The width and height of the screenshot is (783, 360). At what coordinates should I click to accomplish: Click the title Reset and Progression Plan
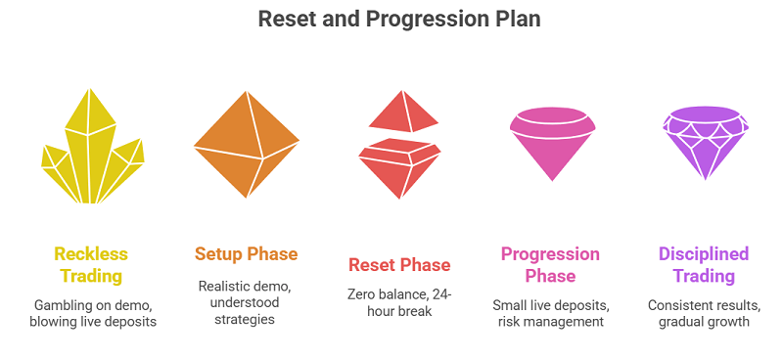(x=391, y=19)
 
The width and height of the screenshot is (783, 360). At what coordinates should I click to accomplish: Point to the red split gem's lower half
(x=399, y=166)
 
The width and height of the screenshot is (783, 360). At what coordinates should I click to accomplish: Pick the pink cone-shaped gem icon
(x=552, y=143)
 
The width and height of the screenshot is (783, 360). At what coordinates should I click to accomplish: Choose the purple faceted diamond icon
(x=704, y=142)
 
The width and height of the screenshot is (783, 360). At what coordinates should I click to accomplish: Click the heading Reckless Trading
(x=90, y=264)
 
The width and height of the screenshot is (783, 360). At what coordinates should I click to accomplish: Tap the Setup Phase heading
(x=245, y=254)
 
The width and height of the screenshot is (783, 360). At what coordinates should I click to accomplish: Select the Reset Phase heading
(x=399, y=265)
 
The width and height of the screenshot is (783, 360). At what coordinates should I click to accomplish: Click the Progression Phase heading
(x=550, y=264)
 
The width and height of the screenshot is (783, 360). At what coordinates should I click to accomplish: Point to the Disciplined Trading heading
(x=704, y=264)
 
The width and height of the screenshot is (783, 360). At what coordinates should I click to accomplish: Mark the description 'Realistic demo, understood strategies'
(x=245, y=303)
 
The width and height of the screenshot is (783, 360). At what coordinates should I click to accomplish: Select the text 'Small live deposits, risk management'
(x=550, y=313)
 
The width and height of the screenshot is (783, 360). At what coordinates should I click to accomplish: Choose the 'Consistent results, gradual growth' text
(x=704, y=313)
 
